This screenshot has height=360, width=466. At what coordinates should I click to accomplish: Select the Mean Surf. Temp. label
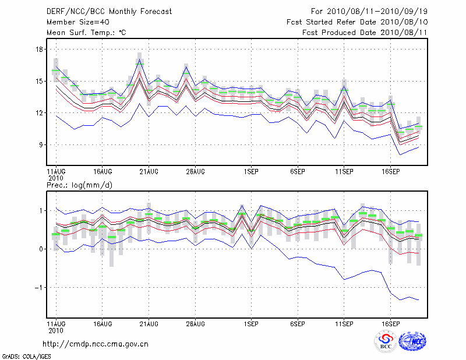pos(86,33)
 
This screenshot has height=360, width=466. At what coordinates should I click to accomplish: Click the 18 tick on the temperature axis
pos(40,50)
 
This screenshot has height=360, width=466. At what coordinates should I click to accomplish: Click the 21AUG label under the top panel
pos(149,172)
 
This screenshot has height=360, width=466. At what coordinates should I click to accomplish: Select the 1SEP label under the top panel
pos(251,172)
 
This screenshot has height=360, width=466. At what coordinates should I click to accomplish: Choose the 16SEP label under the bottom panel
pos(390,323)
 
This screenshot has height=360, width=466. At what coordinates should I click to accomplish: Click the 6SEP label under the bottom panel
pos(298,323)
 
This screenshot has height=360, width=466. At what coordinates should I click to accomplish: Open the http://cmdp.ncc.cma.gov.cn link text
pos(96,344)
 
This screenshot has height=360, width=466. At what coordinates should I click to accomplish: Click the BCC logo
pos(386,341)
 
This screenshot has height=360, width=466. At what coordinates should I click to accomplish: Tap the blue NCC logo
pos(412,341)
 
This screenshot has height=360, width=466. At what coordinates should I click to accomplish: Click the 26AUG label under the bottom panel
pos(195,323)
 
